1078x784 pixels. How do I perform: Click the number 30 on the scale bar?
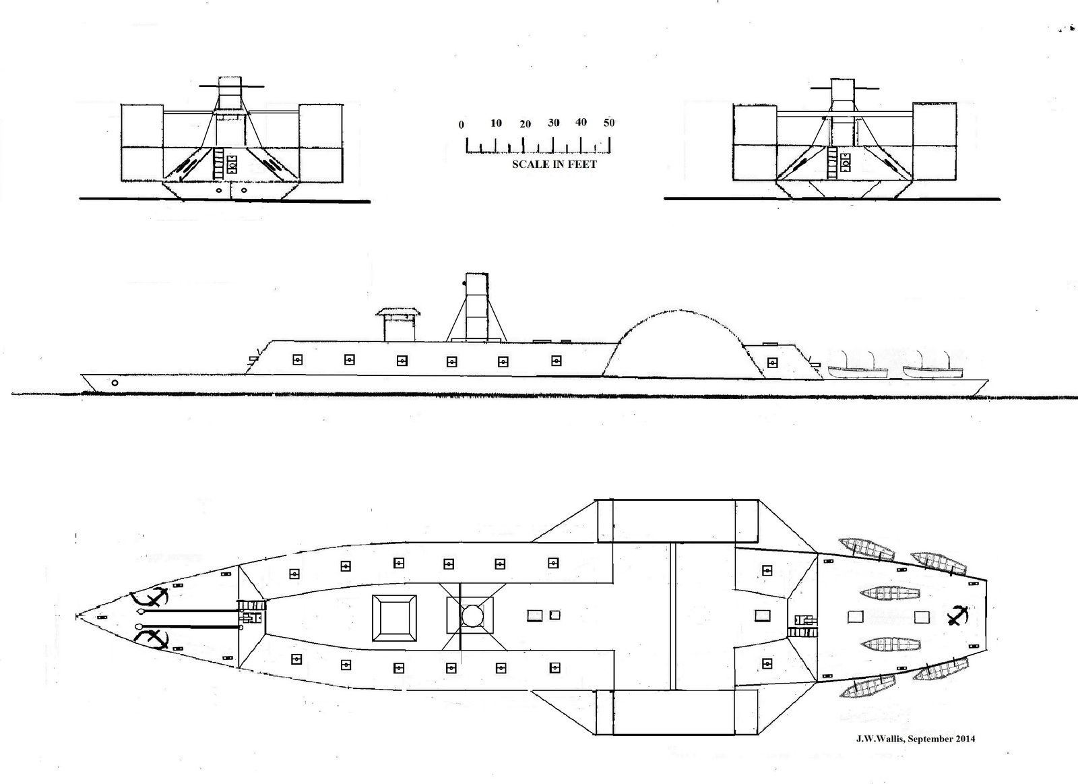553,123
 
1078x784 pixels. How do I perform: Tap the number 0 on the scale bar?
461,125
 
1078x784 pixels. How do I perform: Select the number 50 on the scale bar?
609,122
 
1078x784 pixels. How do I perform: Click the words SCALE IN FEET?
554,164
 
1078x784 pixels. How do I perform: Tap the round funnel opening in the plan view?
471,615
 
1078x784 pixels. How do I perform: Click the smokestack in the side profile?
477,307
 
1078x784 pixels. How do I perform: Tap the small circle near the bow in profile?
115,383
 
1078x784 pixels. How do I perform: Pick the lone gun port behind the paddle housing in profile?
772,362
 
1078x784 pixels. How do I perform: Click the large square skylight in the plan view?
394,618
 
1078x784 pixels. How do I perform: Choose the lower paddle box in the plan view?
676,713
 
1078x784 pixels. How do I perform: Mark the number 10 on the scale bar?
496,123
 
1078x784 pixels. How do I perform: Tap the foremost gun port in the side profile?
297,359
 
